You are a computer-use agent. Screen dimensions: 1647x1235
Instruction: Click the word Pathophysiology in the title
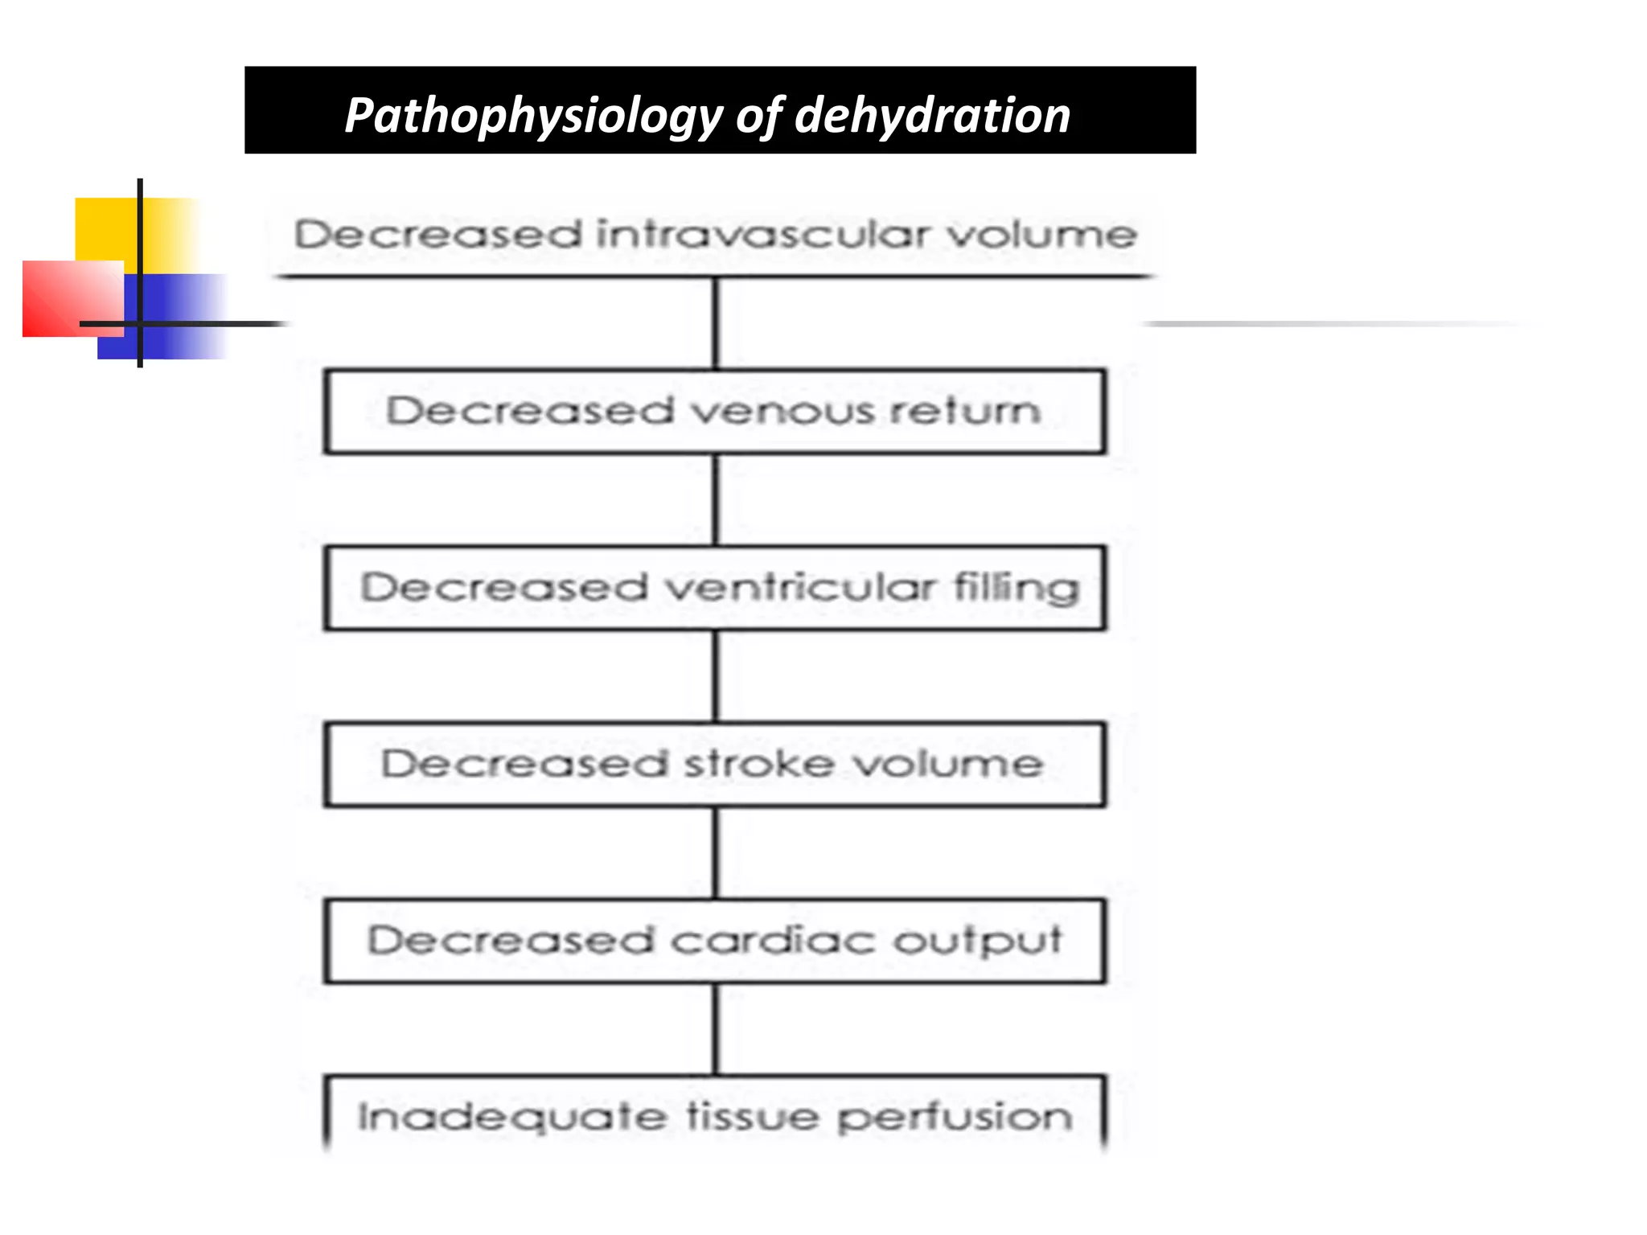534,116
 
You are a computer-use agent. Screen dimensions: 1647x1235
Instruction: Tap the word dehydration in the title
932,114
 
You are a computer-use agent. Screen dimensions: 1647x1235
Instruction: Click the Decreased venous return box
715,412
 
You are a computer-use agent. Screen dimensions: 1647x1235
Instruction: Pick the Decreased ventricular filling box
715,588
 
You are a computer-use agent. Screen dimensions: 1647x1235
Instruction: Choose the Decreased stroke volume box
715,765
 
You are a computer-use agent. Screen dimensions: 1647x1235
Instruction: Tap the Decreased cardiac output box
715,941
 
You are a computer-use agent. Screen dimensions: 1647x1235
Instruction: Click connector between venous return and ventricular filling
717,500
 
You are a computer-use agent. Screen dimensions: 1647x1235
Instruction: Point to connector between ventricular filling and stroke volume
717,677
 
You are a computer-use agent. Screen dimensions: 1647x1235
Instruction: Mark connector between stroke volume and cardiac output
717,853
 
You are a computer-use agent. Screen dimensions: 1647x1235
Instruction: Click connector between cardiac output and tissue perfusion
717,1029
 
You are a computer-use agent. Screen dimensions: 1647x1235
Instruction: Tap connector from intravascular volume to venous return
717,323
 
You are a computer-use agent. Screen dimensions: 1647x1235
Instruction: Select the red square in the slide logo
73,298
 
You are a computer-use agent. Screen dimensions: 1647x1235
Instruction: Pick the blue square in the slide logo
161,316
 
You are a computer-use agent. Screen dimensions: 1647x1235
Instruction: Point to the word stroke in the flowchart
758,763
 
